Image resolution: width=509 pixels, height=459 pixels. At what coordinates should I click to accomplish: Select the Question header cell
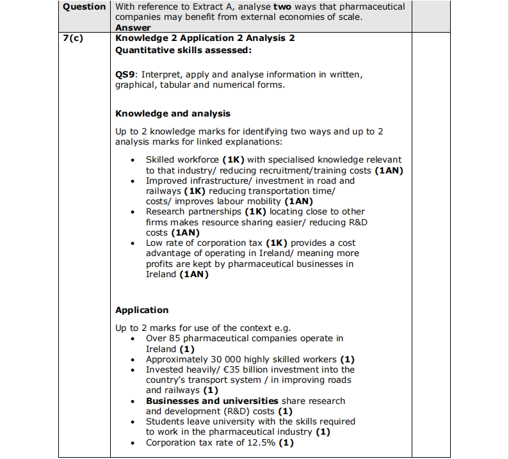coord(85,6)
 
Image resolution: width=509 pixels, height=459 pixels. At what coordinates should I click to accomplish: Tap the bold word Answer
coord(133,28)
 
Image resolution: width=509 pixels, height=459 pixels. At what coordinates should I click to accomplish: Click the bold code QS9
coord(125,74)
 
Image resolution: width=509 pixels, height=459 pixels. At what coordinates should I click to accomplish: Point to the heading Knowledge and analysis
coord(173,113)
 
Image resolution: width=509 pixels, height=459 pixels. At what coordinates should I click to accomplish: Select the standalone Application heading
coord(142,310)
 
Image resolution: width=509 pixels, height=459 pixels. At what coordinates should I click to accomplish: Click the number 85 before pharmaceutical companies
coord(175,338)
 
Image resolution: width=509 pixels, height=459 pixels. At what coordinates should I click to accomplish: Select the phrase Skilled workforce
coord(182,159)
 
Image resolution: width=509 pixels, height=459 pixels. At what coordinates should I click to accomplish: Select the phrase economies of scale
coord(322,17)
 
